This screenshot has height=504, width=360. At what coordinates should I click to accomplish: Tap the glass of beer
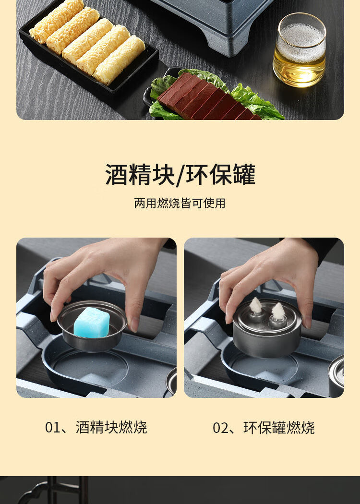coord(299,50)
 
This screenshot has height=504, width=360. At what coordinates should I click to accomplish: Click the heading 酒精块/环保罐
coord(180,175)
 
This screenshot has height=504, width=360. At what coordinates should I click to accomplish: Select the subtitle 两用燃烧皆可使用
coord(180,203)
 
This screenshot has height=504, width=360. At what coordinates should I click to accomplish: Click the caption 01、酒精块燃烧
coord(96,427)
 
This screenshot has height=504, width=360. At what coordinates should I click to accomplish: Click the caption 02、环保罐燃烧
coord(264,427)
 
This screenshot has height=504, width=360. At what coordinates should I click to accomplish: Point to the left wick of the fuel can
coord(256,305)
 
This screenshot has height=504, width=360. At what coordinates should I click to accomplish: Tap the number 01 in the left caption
coord(52,428)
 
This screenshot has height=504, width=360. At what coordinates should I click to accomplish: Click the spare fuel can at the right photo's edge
coord(338,377)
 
